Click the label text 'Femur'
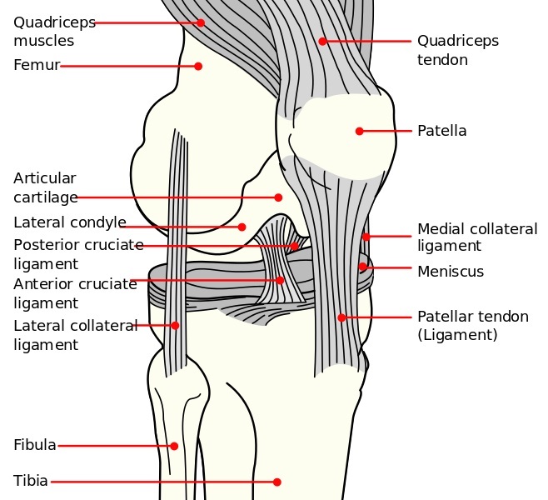click(37, 65)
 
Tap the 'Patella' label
click(441, 131)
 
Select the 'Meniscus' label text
click(451, 272)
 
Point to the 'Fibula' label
click(35, 445)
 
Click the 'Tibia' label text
click(31, 481)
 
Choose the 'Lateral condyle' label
click(70, 222)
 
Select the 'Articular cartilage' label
click(45, 187)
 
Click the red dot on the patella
click(359, 131)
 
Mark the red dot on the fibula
click(174, 446)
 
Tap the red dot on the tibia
click(277, 482)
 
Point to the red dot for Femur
click(198, 66)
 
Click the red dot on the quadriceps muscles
click(201, 22)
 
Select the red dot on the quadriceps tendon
click(322, 41)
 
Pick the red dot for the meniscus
click(362, 267)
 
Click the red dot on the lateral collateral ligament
click(175, 325)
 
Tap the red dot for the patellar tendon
click(341, 317)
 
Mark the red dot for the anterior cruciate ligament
click(280, 280)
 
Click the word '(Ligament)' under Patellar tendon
click(457, 335)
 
